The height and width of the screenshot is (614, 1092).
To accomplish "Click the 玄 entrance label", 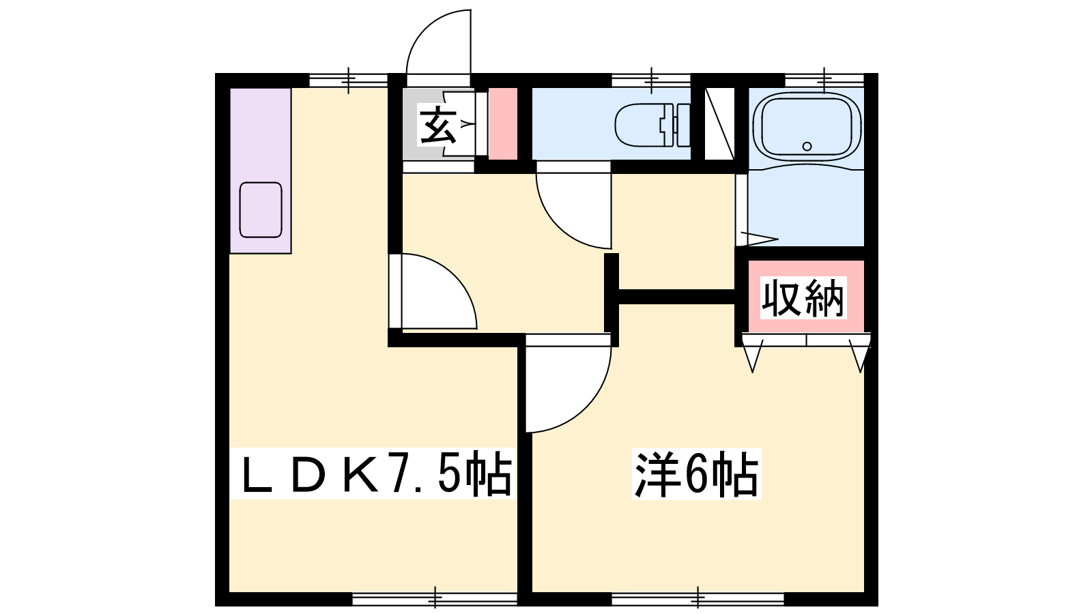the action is coord(438,126).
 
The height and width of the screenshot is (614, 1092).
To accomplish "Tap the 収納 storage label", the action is coord(803,297).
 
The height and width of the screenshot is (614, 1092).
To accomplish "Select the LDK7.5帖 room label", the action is coord(376,473).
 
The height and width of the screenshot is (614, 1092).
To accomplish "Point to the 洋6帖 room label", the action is coord(696,473).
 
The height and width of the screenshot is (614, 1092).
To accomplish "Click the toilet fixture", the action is coord(652,125).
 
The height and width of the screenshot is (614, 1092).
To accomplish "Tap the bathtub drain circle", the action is coord(807,146).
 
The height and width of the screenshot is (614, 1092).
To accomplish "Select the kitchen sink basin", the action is coord(261,210).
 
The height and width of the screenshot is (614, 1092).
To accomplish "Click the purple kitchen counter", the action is coord(261,171).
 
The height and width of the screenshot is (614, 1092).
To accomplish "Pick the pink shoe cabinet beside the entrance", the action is coord(502,123).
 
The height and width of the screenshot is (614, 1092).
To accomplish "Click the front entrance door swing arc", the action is coord(425,29).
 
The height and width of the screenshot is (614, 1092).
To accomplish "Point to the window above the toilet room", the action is coord(651,80).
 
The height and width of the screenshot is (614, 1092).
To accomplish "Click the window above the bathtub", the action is coord(824,80).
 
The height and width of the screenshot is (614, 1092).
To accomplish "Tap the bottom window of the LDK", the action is coord(435,599).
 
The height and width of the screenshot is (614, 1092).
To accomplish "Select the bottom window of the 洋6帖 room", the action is coord(698,599).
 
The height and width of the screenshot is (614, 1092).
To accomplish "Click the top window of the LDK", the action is coord(348,80).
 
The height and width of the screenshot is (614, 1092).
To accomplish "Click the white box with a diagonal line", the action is coord(719,123).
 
